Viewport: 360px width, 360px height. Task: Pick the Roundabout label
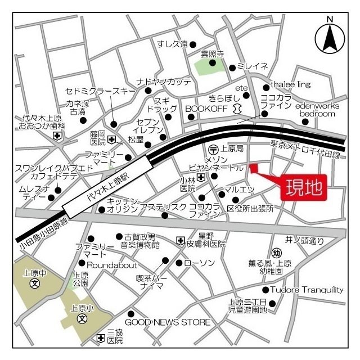point(111,263)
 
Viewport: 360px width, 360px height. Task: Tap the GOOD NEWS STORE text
point(168,322)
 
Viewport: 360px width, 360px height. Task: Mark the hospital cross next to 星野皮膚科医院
point(180,240)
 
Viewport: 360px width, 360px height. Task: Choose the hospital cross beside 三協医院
point(100,338)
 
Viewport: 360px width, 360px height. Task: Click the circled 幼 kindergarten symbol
point(276,253)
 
